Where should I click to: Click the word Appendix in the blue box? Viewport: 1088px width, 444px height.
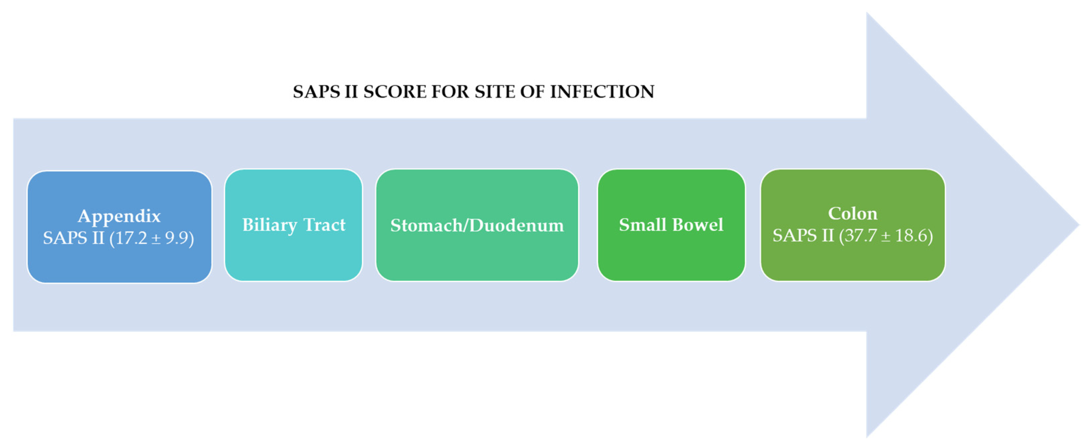pyautogui.click(x=119, y=216)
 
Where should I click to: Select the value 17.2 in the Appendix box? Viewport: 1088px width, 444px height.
pyautogui.click(x=131, y=238)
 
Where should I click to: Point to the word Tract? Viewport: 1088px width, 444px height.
pyautogui.click(x=325, y=225)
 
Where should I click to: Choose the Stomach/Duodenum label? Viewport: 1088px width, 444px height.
pyautogui.click(x=477, y=226)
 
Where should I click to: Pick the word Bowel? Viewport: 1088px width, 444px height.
pyautogui.click(x=698, y=225)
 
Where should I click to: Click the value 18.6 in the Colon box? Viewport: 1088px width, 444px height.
pyautogui.click(x=908, y=236)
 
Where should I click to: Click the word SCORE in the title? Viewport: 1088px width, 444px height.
pyautogui.click(x=395, y=92)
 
